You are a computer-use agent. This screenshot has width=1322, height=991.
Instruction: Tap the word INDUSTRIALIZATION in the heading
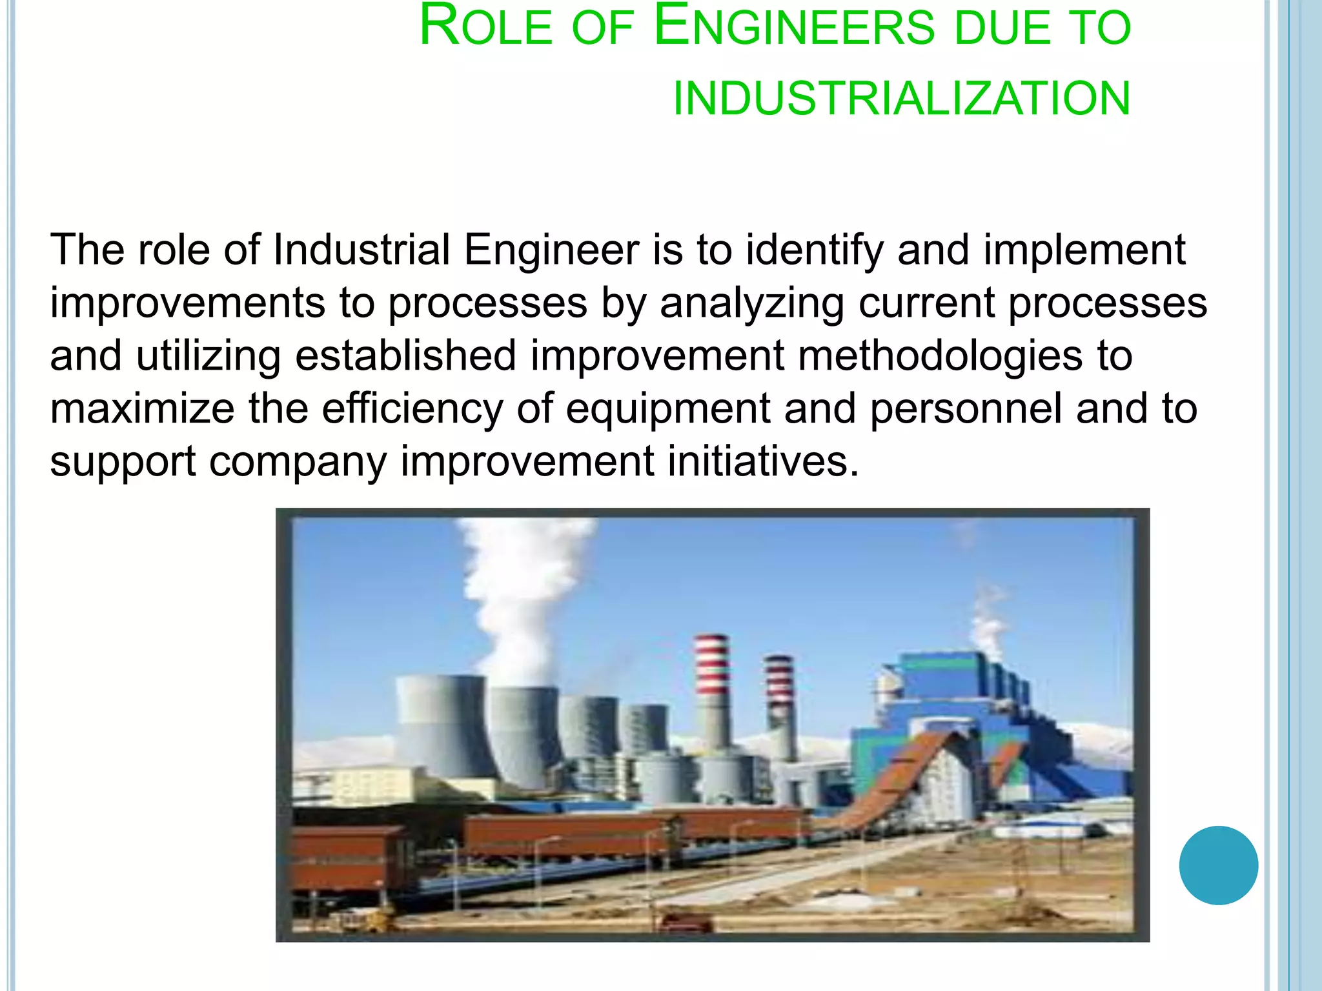pos(902,99)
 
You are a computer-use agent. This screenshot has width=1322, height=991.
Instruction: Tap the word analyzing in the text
pos(751,303)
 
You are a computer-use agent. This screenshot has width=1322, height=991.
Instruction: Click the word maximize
pos(142,409)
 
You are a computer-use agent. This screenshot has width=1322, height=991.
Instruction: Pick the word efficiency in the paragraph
pos(412,409)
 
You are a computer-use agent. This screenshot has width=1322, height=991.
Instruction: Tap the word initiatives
pos(758,462)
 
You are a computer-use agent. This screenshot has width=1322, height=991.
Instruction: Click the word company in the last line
pos(298,462)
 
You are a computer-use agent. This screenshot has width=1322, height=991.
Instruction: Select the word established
pos(405,356)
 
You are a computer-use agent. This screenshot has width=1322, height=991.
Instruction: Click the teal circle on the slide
pos(1218,865)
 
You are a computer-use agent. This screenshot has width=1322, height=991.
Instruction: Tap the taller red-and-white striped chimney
pos(712,684)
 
